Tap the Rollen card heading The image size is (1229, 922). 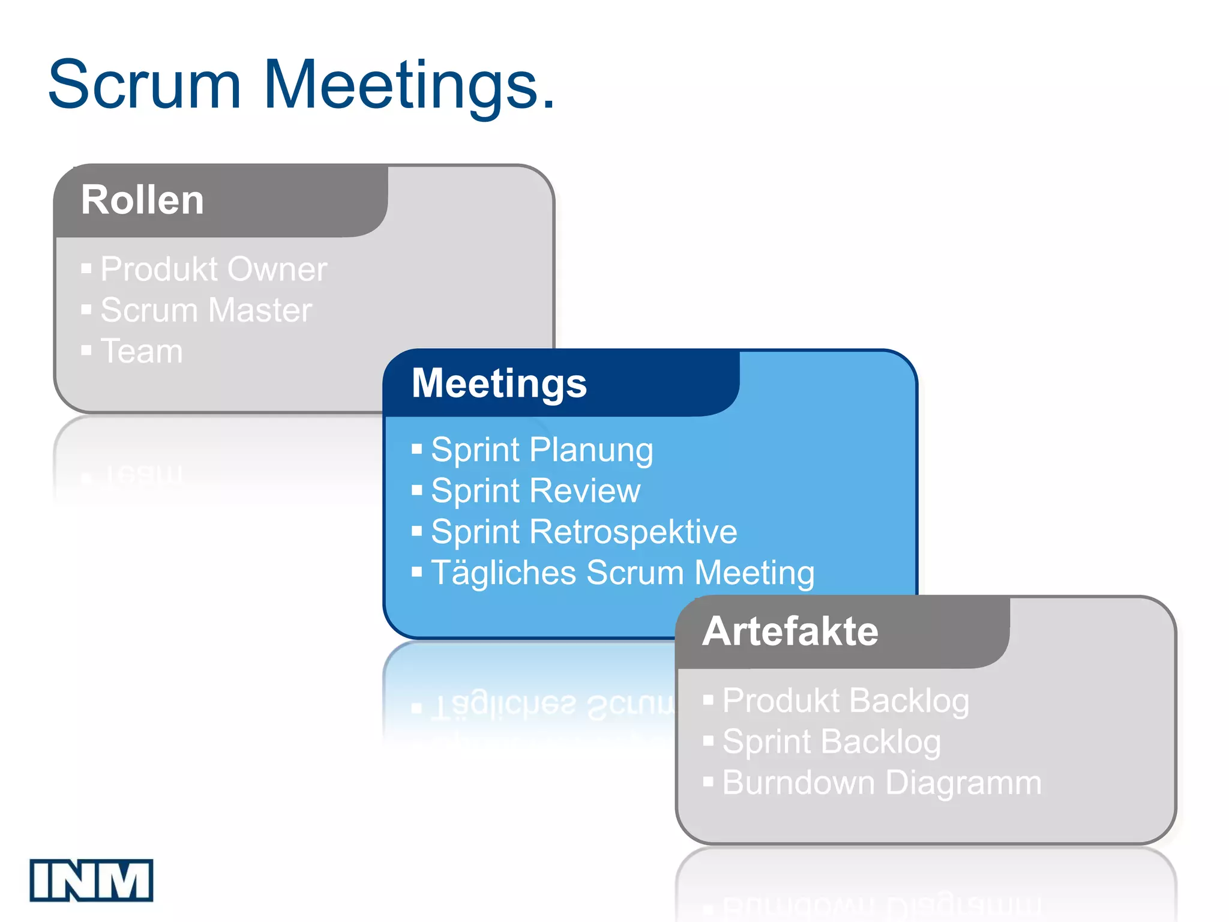click(x=143, y=200)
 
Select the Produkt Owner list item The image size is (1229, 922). click(x=214, y=269)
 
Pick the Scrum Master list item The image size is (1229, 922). click(x=206, y=310)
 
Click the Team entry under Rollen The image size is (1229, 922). click(x=142, y=351)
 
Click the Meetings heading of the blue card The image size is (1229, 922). click(x=499, y=383)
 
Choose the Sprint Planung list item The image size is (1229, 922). click(x=542, y=450)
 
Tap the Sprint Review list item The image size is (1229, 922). click(x=535, y=491)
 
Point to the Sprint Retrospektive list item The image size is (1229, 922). click(x=584, y=532)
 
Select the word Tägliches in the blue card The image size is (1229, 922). click(x=503, y=573)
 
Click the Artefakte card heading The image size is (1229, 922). click(x=790, y=631)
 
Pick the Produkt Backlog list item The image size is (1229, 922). click(x=846, y=701)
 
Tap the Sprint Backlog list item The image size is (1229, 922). click(x=832, y=742)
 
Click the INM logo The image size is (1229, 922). click(x=91, y=880)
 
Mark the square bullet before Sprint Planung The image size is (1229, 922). click(x=417, y=449)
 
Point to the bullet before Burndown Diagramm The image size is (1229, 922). click(x=708, y=782)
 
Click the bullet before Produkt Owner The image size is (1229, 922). click(x=86, y=268)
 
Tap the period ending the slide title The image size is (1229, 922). click(x=548, y=106)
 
